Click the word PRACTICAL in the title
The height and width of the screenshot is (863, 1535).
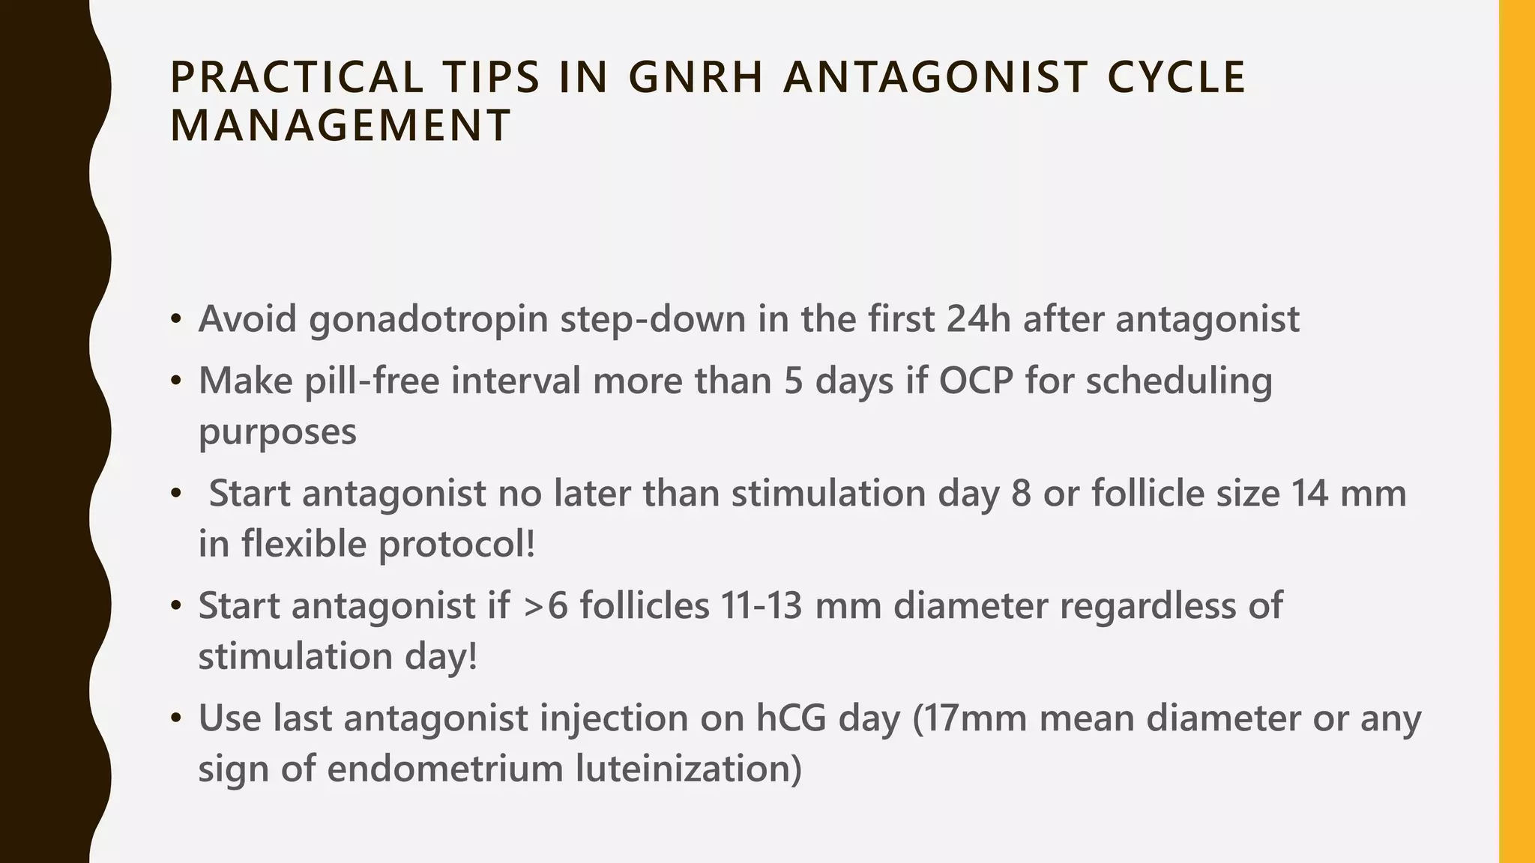pos(297,77)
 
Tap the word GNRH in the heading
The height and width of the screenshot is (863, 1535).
pos(695,77)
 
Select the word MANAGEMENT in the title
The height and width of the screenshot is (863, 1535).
pos(340,125)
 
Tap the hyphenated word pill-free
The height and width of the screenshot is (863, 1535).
pos(371,381)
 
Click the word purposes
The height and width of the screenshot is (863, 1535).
pos(277,433)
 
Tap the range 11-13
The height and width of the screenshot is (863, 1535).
pos(762,606)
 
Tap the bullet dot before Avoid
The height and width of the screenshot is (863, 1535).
pos(176,320)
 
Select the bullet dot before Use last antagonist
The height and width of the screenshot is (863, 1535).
pos(176,719)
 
